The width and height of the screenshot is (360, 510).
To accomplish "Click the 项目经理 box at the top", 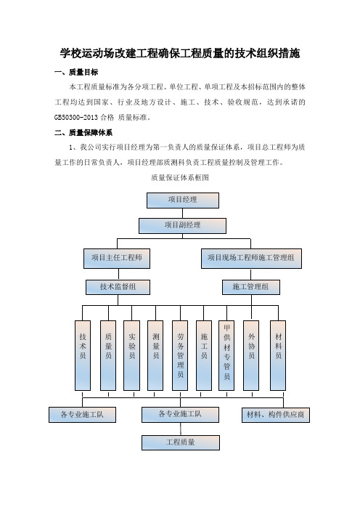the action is [183, 201].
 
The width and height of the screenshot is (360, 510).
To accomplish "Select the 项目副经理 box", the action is [182, 226].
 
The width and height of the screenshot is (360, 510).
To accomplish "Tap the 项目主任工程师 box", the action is [117, 259].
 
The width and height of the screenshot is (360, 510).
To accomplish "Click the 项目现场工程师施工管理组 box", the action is [251, 259].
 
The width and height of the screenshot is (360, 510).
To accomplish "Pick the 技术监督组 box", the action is [118, 288].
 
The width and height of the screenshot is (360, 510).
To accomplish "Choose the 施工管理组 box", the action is [251, 288].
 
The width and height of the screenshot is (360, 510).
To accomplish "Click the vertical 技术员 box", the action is [83, 355].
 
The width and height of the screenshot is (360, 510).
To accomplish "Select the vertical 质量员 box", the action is [108, 355].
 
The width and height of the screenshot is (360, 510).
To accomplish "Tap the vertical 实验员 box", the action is [131, 355].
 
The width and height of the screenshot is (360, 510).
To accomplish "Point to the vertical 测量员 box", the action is [155, 355].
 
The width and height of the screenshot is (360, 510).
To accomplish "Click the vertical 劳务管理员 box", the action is [180, 355].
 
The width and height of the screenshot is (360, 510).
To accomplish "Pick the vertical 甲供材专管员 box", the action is [226, 355].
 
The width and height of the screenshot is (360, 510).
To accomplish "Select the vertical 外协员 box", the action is [251, 355].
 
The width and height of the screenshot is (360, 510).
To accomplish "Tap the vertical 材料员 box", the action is [278, 355].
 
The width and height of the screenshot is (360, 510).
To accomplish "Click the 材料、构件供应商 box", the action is [276, 415].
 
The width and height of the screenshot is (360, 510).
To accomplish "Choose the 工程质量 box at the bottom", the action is [181, 442].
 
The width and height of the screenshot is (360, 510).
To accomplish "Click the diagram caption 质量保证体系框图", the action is [180, 178].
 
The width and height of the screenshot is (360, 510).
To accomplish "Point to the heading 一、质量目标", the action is [76, 72].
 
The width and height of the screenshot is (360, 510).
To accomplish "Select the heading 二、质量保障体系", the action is [83, 133].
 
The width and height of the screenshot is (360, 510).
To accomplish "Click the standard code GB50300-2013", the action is [76, 118].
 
